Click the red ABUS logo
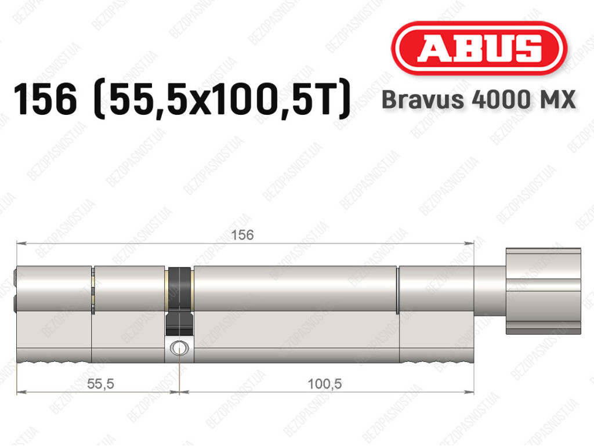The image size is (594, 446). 479,48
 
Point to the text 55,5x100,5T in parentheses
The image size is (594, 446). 221,99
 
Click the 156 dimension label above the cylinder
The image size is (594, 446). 242,235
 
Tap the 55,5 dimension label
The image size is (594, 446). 100,384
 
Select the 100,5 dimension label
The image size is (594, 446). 325,384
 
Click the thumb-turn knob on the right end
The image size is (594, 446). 543,291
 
